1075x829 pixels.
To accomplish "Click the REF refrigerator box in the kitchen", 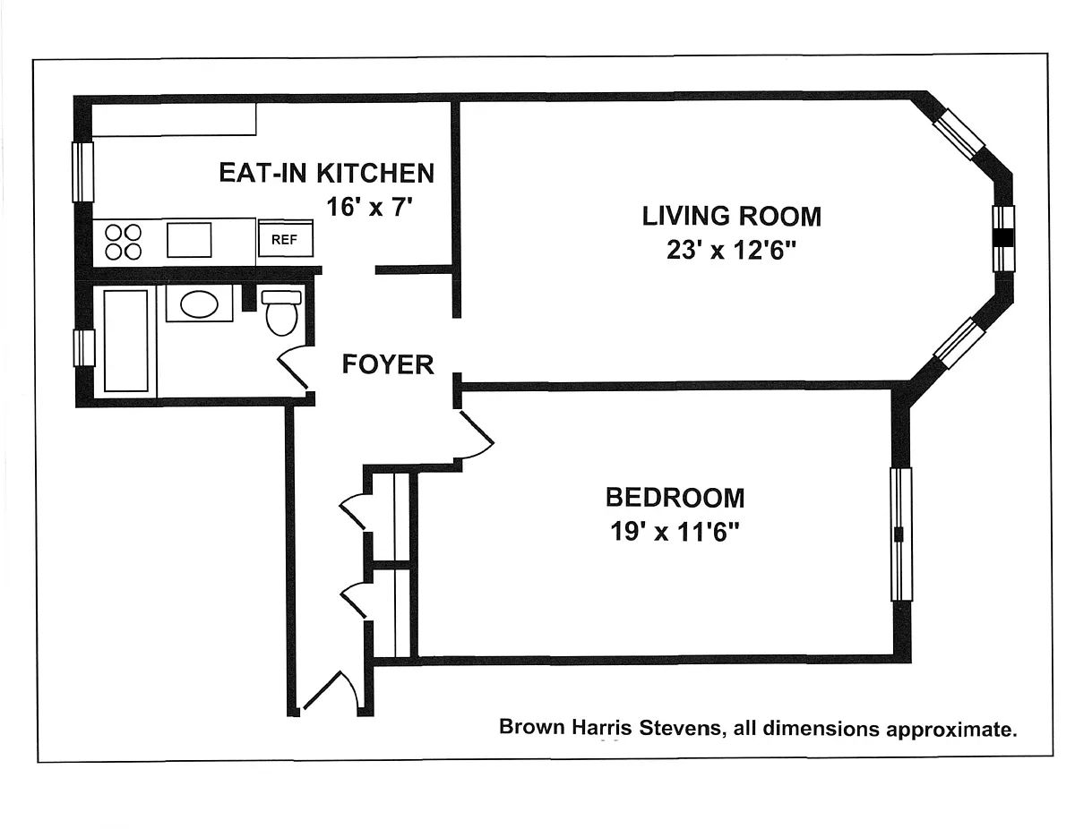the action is click(286, 238).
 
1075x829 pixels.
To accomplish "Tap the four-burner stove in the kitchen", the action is click(124, 242).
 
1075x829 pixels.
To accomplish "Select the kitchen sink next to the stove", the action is click(189, 240).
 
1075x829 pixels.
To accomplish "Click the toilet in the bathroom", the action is click(281, 312).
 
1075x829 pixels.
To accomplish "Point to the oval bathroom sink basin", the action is click(199, 303).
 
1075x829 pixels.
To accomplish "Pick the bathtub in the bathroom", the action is click(125, 341).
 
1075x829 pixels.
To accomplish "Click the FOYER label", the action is click(387, 364).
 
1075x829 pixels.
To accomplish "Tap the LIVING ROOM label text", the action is click(731, 216).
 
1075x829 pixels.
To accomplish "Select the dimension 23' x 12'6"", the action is click(731, 250).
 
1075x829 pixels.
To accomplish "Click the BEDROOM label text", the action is click(675, 498).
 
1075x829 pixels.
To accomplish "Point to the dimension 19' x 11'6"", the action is click(675, 532).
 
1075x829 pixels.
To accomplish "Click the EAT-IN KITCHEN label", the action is click(326, 173).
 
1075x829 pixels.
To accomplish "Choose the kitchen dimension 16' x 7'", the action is click(369, 206).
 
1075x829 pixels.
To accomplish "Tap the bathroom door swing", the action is click(292, 368).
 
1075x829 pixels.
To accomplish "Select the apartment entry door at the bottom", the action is click(331, 690).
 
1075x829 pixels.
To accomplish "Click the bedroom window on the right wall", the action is click(901, 534).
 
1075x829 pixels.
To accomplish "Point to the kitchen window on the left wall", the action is click(82, 172).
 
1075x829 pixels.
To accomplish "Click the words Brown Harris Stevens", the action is click(612, 728).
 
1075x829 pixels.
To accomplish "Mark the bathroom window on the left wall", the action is click(84, 348).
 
